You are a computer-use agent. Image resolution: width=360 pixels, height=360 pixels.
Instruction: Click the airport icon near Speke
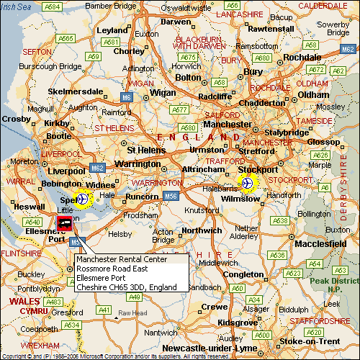(x=84, y=198)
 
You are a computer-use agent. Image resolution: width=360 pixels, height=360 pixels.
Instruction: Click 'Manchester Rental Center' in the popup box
(x=122, y=259)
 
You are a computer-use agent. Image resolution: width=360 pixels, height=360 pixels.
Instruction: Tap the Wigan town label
(x=163, y=93)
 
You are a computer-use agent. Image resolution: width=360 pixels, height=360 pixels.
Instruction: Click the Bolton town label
(x=189, y=77)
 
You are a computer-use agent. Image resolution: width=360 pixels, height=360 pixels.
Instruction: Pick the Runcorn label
(x=142, y=197)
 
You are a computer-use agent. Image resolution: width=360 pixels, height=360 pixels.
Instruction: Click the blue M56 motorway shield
(x=171, y=195)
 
